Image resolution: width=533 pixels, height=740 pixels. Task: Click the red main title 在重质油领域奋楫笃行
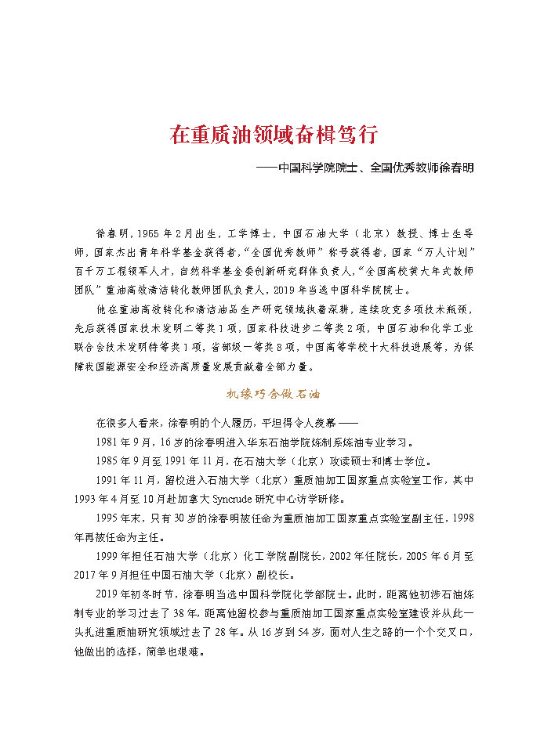[x=274, y=135]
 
